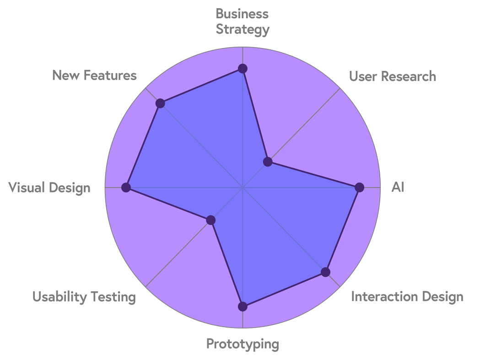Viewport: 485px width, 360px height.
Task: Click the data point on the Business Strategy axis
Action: [x=242, y=69]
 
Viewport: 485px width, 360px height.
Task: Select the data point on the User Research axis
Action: [x=268, y=161]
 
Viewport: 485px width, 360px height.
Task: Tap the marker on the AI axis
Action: [x=359, y=187]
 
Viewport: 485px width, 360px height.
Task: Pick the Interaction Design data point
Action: [x=325, y=272]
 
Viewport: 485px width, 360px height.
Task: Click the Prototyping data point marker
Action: [x=242, y=306]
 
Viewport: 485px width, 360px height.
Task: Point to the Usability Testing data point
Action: [x=210, y=220]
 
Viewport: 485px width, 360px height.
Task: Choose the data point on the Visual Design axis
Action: [x=126, y=188]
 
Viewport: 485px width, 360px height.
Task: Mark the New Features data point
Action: [x=160, y=103]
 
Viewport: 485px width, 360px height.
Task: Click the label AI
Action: [x=398, y=188]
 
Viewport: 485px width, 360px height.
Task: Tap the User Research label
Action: [x=393, y=76]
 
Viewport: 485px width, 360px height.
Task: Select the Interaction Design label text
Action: [x=407, y=297]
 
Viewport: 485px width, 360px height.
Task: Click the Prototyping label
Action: [x=242, y=344]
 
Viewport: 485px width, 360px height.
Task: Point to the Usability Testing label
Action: [x=84, y=297]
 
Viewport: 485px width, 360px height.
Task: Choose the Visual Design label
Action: [x=49, y=188]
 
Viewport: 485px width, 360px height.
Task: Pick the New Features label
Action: [x=94, y=75]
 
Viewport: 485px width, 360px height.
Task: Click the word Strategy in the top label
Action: [x=242, y=30]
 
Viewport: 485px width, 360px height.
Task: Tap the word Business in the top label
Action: [x=242, y=14]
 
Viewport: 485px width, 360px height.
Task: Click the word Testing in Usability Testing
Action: [x=113, y=297]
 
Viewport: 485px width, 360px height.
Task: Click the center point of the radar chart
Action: [x=242, y=188]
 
